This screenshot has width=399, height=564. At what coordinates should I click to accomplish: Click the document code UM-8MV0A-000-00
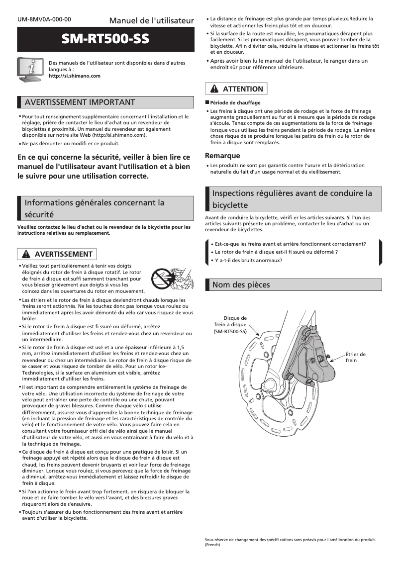44,19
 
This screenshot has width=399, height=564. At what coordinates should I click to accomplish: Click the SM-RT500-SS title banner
105,40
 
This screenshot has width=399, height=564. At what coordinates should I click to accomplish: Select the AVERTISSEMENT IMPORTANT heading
80,102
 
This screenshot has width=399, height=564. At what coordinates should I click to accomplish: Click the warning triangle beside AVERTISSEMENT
26,254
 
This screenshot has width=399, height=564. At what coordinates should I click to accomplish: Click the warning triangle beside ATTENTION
214,89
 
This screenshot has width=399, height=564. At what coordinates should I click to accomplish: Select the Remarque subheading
222,156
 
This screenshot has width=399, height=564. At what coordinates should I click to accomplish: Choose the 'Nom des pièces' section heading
241,284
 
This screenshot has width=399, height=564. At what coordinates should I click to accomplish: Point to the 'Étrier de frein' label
355,357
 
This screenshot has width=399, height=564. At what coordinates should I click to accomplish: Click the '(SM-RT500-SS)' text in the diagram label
230,331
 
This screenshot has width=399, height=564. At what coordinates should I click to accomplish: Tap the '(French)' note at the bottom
212,545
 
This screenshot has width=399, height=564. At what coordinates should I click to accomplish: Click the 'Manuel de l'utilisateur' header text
151,20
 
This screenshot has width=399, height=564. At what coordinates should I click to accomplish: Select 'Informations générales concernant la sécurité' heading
95,208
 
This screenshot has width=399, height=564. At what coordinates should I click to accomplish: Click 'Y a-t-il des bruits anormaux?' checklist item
248,260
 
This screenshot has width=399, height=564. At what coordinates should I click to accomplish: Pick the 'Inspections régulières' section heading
292,199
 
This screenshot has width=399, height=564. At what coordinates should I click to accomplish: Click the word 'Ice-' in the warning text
178,366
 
